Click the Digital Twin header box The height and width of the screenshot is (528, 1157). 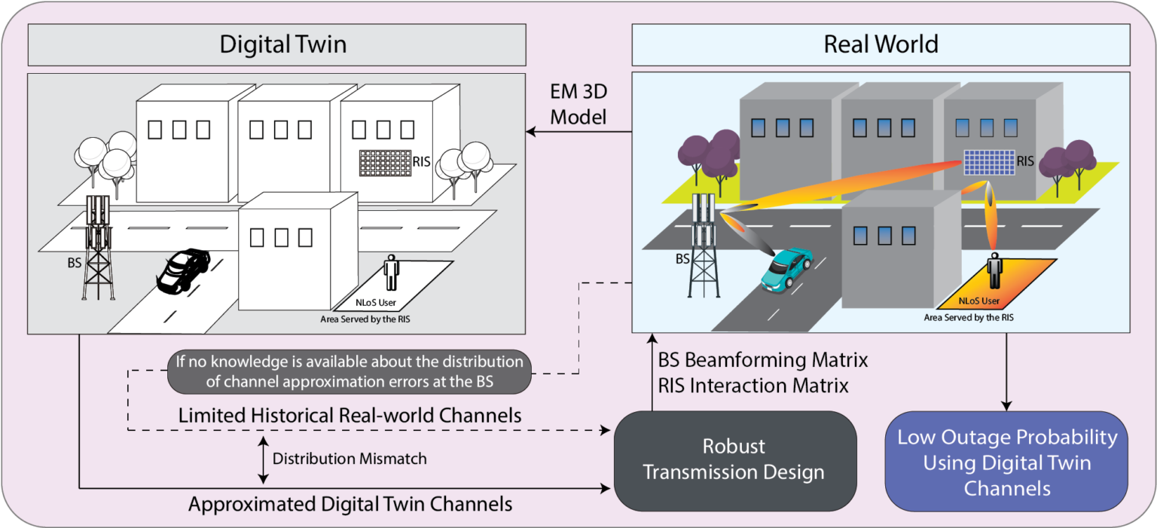[276, 44]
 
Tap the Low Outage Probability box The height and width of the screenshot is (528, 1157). [1006, 462]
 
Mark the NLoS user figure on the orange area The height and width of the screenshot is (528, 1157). [996, 271]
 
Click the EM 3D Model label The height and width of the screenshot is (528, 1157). [578, 106]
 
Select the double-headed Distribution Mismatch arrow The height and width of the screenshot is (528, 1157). [262, 459]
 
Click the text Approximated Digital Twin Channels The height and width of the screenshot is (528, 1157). [350, 504]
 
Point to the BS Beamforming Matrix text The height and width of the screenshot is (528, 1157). [763, 360]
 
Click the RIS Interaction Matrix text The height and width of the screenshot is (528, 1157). [753, 386]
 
